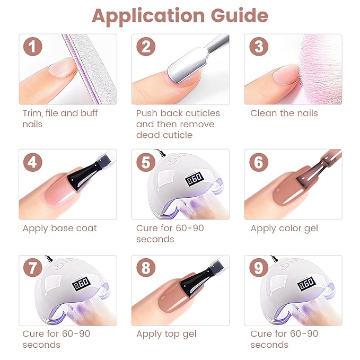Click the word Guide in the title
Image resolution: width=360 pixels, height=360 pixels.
pos(240,15)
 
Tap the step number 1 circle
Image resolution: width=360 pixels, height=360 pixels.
pos(33,47)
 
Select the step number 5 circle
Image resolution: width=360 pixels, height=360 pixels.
pos(146,162)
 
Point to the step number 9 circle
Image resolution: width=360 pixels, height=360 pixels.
pos(259,268)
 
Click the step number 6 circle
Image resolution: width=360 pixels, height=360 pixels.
pos(259,162)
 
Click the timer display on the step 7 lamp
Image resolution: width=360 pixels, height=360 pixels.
pos(81,284)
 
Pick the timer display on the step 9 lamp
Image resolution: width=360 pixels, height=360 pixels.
pos(307,284)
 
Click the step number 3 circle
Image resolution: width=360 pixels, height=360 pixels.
pos(259,47)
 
